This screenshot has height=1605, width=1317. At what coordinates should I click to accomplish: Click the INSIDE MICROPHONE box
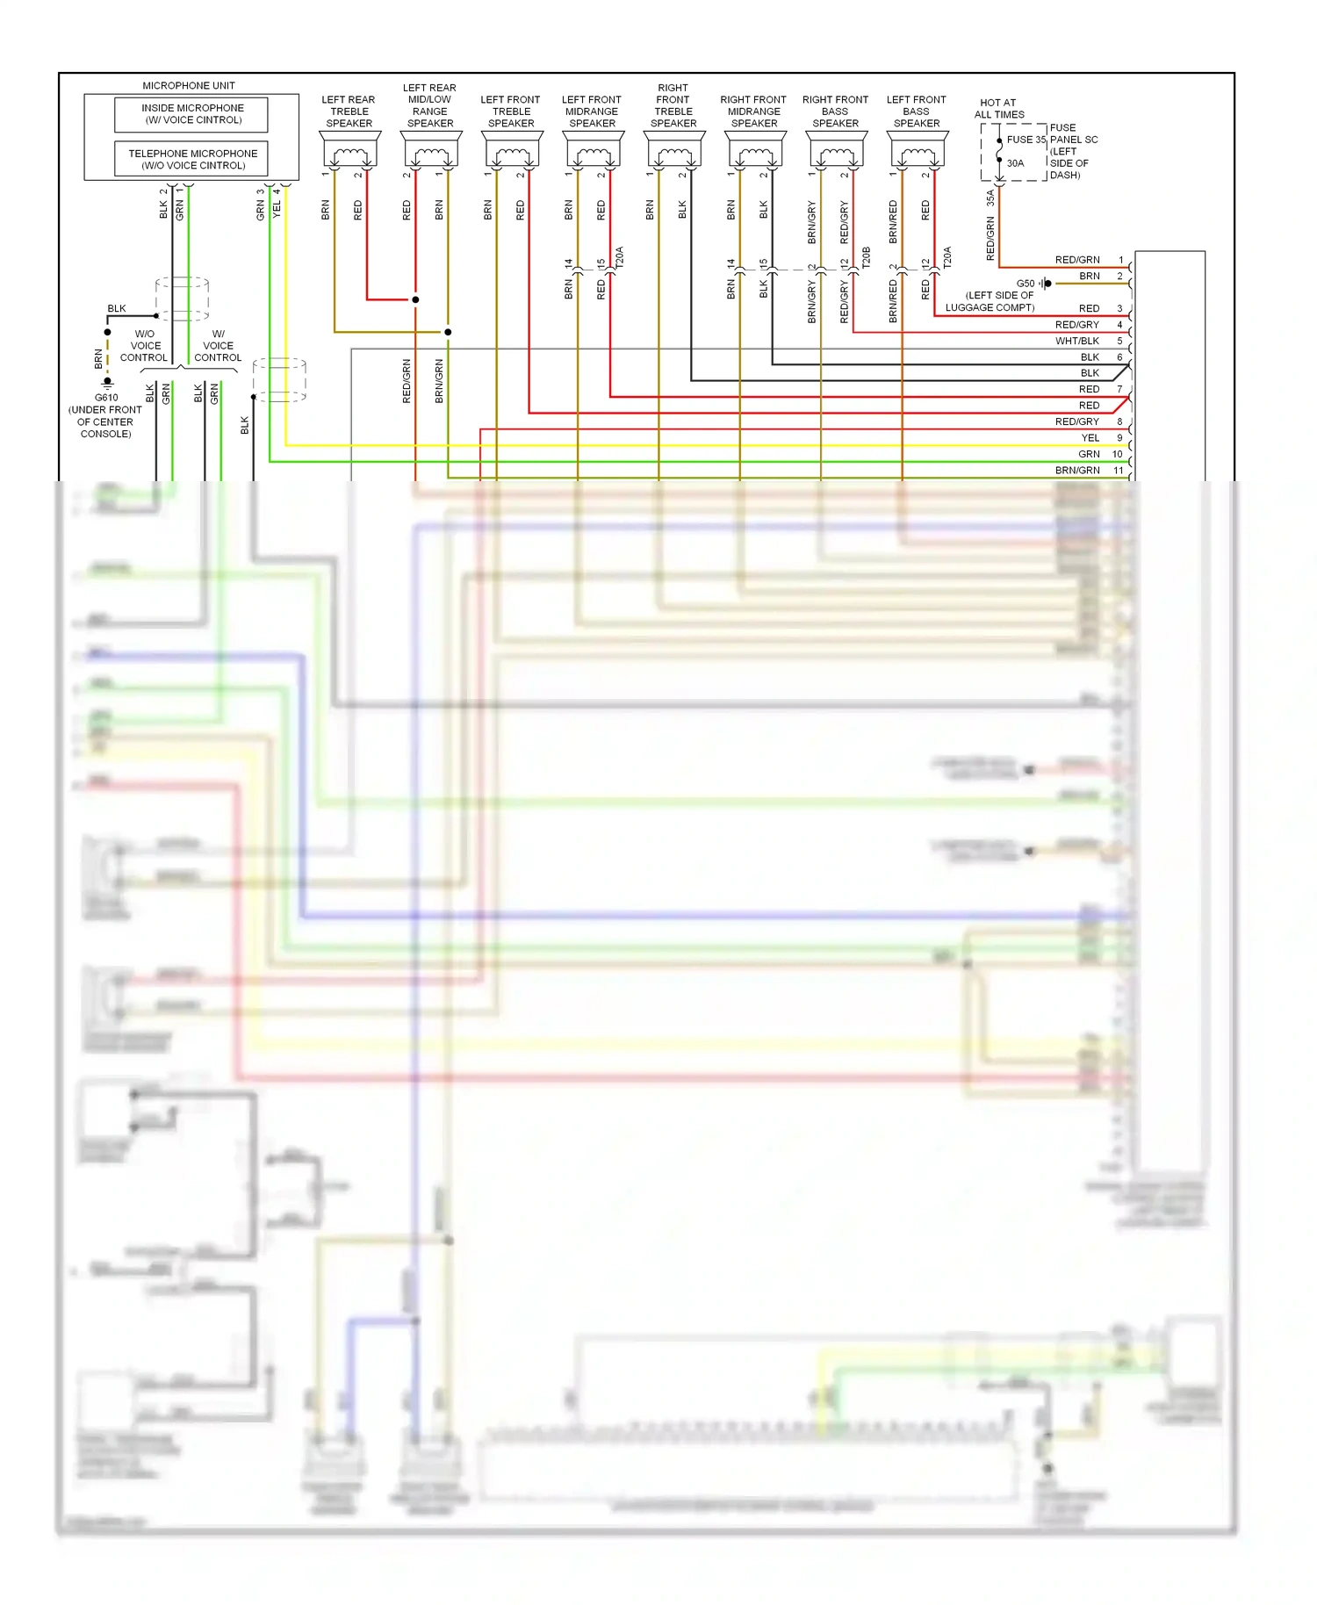(192, 114)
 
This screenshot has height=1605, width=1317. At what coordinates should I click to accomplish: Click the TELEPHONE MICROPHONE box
(192, 159)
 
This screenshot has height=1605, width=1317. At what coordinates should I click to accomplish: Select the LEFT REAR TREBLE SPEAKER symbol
(349, 151)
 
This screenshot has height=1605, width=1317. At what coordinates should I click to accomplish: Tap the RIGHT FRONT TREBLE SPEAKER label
(673, 105)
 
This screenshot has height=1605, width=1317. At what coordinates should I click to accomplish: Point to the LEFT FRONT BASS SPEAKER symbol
(917, 151)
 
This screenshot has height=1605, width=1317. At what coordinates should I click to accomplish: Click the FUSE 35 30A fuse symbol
(999, 151)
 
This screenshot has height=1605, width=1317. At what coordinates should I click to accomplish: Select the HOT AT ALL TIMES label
(998, 109)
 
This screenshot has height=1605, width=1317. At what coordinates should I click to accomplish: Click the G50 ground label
(1025, 284)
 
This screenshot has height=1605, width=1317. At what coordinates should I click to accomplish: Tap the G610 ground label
(106, 398)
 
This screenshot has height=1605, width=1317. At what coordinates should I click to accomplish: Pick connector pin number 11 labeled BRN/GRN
(1119, 471)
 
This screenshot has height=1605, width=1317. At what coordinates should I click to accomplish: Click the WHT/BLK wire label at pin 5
(1076, 341)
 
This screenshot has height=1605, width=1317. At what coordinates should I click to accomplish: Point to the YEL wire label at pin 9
(1090, 438)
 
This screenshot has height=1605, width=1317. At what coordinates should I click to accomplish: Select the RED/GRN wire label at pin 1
(1076, 260)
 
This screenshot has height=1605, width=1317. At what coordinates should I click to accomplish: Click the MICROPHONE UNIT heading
(189, 86)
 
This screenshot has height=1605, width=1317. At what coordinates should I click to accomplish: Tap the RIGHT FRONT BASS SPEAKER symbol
(836, 151)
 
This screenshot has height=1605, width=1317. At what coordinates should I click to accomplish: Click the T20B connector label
(866, 257)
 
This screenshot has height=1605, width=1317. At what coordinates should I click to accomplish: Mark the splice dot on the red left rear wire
(415, 299)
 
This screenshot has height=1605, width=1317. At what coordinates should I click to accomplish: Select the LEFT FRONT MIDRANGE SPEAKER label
(592, 112)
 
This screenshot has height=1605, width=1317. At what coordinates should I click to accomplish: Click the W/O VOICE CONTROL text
(144, 346)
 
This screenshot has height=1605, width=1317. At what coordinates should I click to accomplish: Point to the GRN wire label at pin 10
(1089, 454)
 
